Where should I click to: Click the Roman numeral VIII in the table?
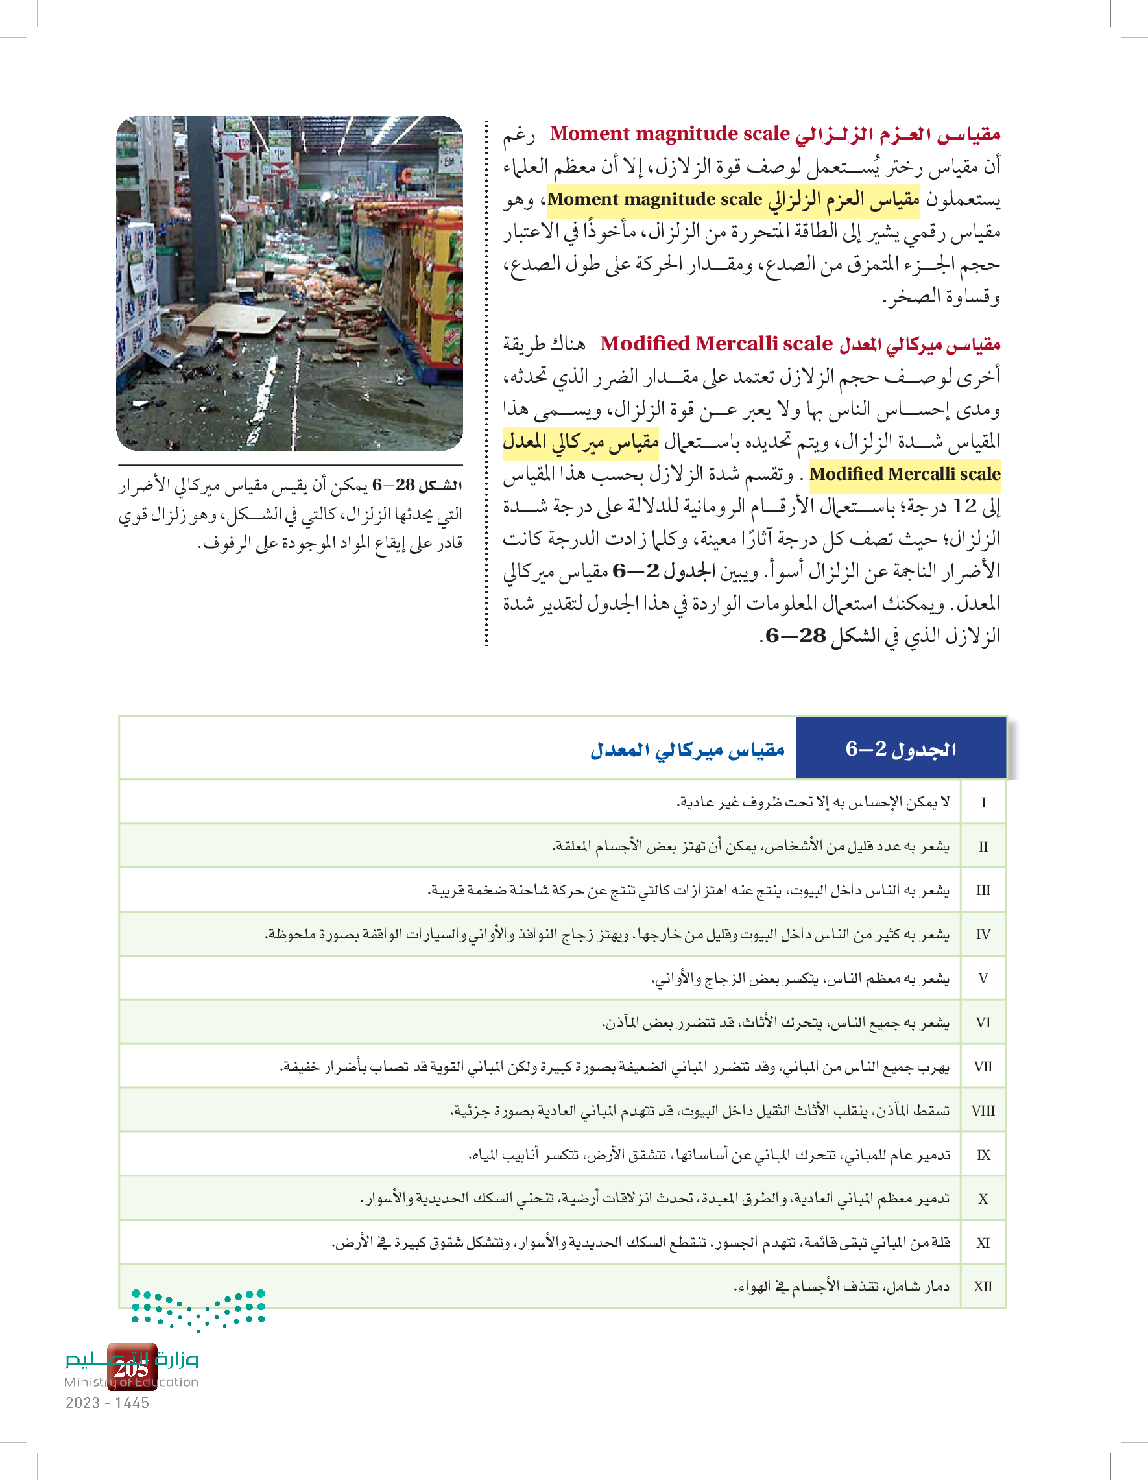pyautogui.click(x=983, y=1111)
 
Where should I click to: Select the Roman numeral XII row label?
pyautogui.click(x=983, y=1286)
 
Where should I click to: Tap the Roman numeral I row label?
pyautogui.click(x=983, y=802)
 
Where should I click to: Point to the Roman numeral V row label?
pyautogui.click(x=983, y=979)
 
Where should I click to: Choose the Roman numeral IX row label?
pyautogui.click(x=983, y=1154)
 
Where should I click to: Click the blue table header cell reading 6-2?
pyautogui.click(x=901, y=748)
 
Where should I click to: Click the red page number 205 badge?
pyautogui.click(x=132, y=1368)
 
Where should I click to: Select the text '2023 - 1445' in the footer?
pyautogui.click(x=107, y=1403)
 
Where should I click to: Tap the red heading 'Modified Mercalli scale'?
pyautogui.click(x=716, y=344)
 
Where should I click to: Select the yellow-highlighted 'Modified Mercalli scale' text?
pyautogui.click(x=905, y=474)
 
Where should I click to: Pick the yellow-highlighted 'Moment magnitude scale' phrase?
pyautogui.click(x=654, y=200)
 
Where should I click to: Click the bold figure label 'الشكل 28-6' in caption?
pyautogui.click(x=418, y=485)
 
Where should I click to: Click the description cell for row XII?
pyautogui.click(x=841, y=1286)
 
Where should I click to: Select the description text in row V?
pyautogui.click(x=800, y=979)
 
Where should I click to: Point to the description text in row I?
pyautogui.click(x=813, y=802)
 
